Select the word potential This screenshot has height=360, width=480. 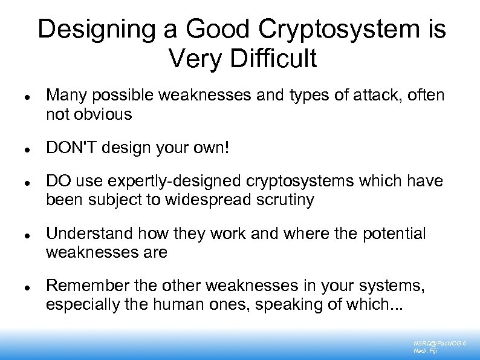394,234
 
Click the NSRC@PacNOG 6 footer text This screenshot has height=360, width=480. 439,343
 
